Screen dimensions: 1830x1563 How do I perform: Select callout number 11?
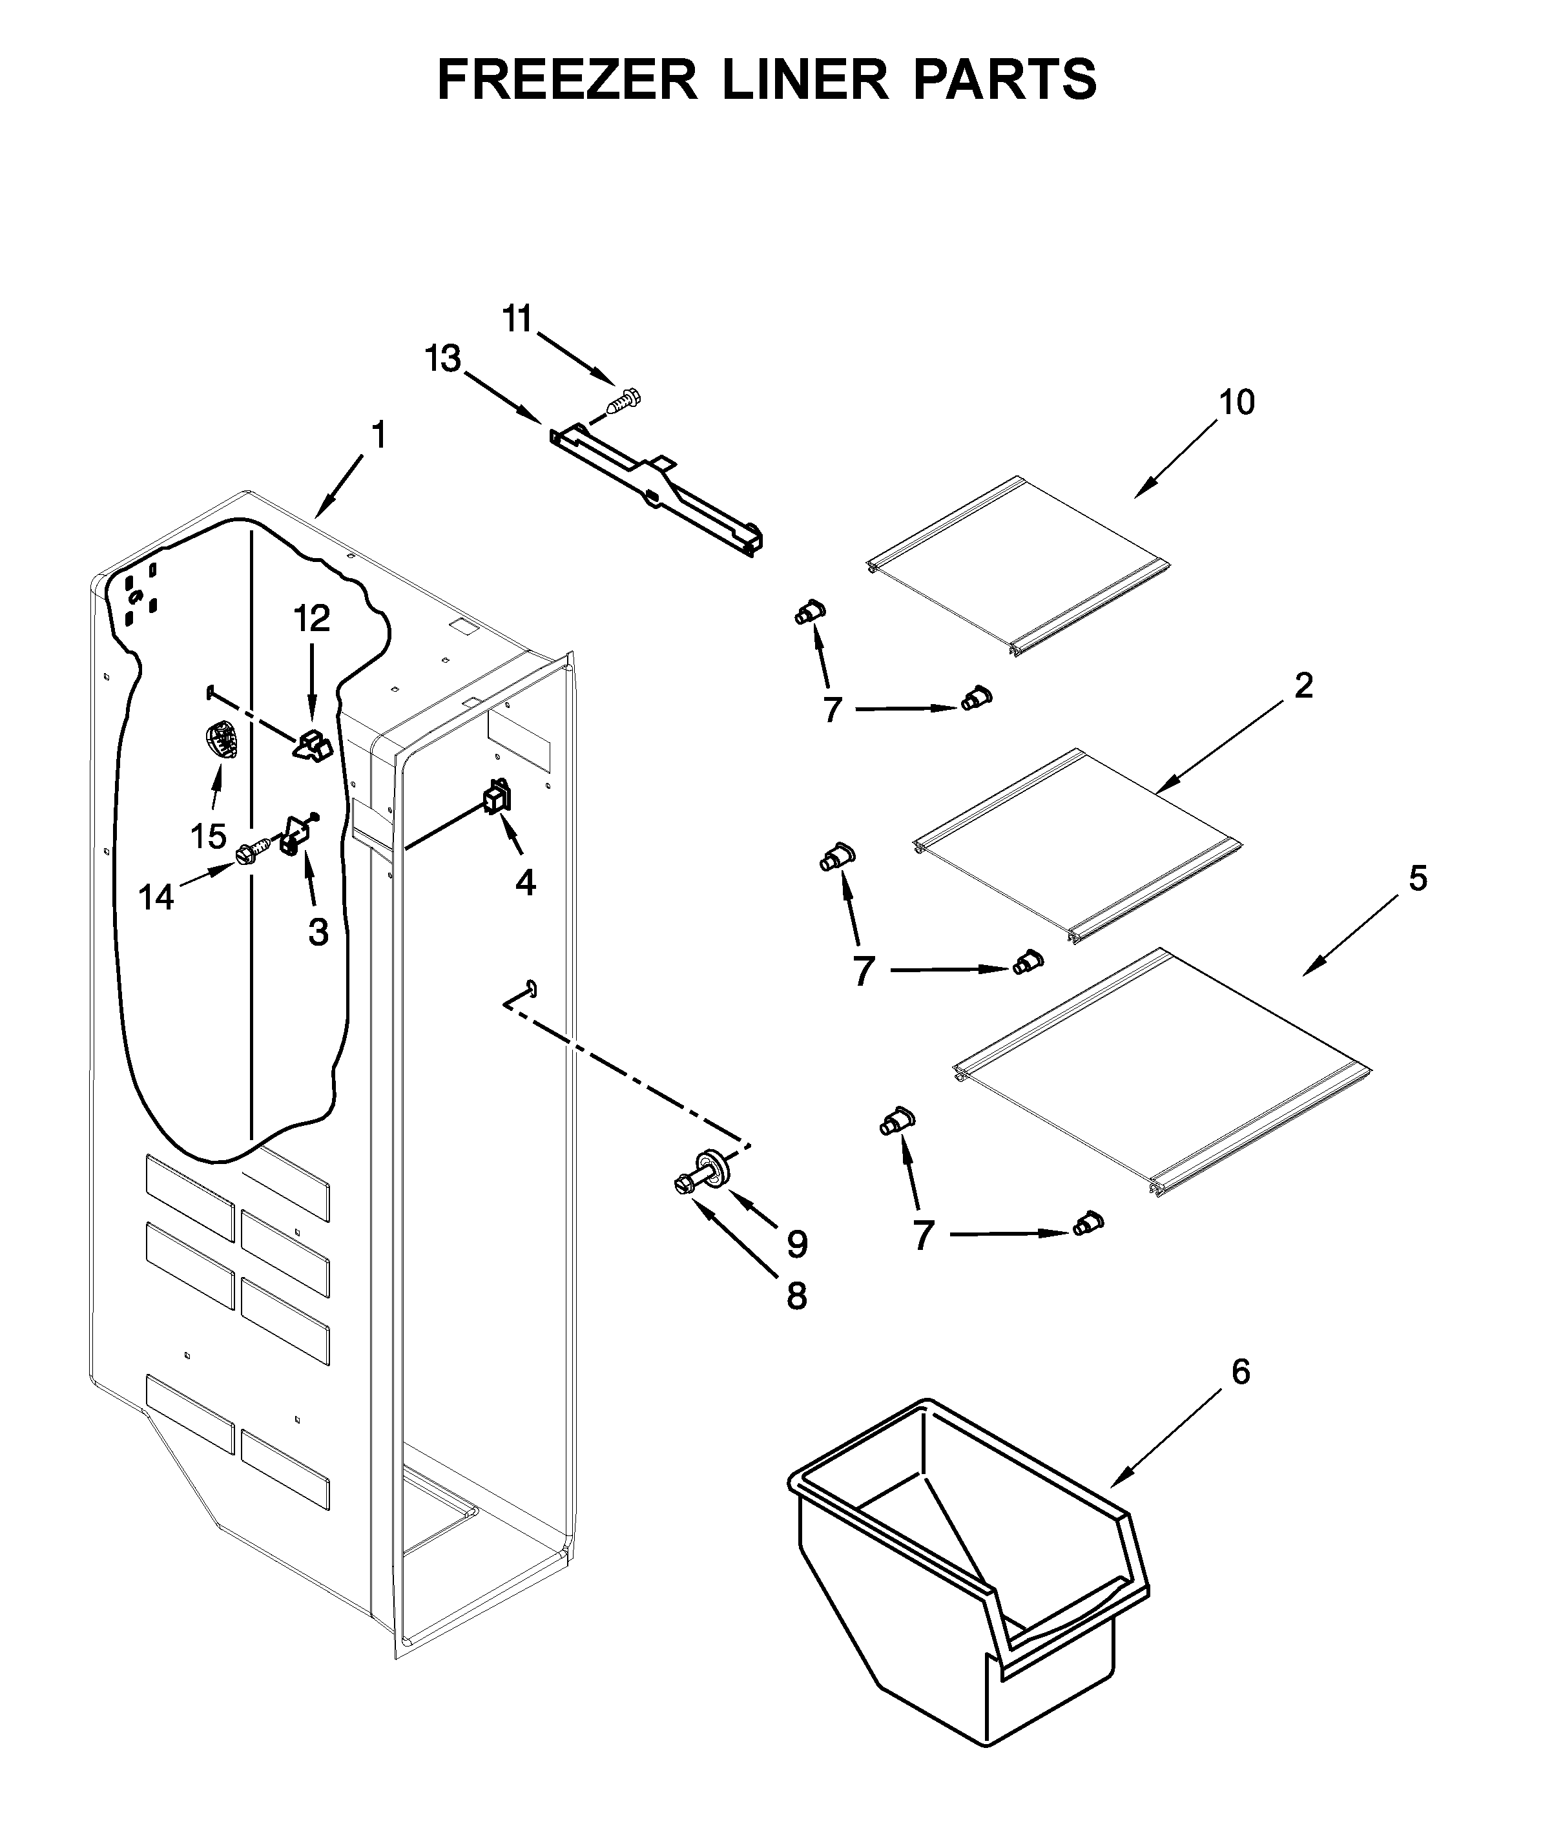[x=519, y=319]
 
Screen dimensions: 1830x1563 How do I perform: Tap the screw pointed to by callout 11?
[x=623, y=401]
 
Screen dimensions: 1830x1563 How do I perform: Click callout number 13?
[x=442, y=359]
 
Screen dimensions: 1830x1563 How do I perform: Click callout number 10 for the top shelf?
[x=1236, y=402]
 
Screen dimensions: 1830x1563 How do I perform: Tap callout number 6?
[x=1240, y=1371]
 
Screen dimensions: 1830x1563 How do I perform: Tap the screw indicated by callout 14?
[x=248, y=853]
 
